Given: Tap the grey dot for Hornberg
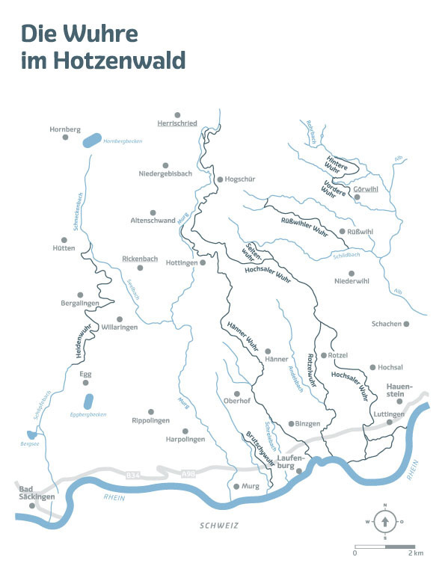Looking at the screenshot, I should click(x=65, y=140).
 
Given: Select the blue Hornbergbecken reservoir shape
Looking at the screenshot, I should click(x=90, y=140).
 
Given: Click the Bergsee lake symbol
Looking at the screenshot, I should click(x=29, y=434).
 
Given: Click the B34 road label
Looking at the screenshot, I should click(x=132, y=475).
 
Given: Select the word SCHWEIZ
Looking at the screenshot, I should click(x=219, y=526).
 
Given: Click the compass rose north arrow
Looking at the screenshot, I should click(x=384, y=520).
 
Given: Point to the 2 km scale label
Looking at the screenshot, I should click(x=417, y=553).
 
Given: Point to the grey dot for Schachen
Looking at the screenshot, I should click(x=407, y=324).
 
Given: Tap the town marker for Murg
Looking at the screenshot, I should click(x=236, y=486).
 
